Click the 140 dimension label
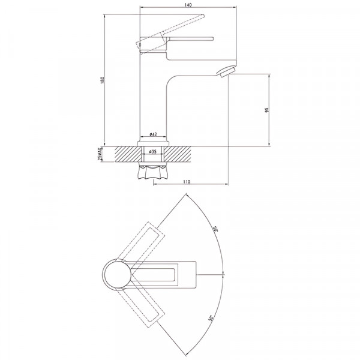(x=187, y=4)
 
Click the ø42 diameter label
(x=153, y=135)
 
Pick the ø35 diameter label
(x=153, y=153)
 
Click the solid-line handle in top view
(x=168, y=275)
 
